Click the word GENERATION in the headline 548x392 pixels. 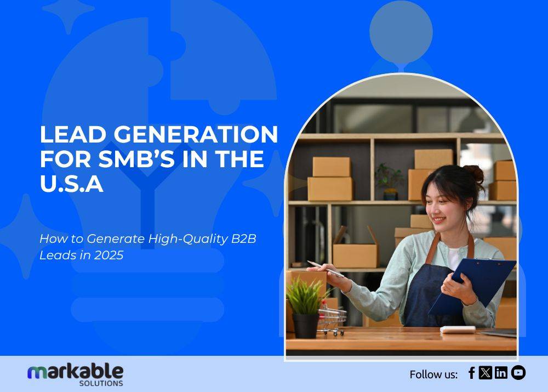(196, 134)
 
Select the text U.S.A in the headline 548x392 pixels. (72, 184)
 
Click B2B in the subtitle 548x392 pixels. (244, 239)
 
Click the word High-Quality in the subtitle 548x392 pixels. (188, 239)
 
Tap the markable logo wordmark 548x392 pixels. (75, 372)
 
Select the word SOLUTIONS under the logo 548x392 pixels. (101, 383)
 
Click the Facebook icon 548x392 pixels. (471, 373)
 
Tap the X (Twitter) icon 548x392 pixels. (485, 373)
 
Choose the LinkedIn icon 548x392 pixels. (501, 373)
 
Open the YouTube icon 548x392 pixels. (518, 373)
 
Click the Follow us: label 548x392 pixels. (433, 374)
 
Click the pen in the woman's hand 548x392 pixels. (326, 269)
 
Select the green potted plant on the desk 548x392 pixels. (306, 308)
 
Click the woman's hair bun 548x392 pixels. (474, 174)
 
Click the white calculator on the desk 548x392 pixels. (458, 329)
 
